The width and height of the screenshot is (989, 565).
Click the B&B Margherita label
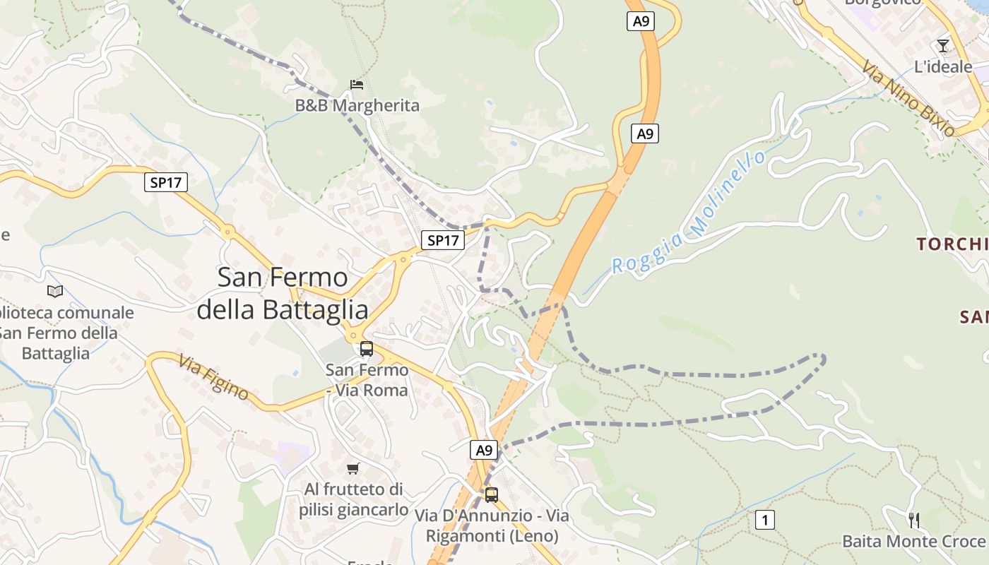[357, 106]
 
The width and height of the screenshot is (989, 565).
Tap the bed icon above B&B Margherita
[357, 85]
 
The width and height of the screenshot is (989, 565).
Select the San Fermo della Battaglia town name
[283, 293]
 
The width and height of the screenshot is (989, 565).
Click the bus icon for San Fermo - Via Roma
[366, 348]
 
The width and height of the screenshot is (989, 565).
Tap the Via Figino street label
[213, 378]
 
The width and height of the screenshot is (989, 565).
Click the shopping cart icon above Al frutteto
[353, 468]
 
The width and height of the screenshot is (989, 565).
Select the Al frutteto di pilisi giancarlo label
[353, 499]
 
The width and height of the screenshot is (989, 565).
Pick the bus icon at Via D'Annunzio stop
[491, 494]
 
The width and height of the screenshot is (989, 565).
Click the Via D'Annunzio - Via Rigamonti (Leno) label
[492, 526]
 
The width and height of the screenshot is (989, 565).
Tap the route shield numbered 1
[764, 520]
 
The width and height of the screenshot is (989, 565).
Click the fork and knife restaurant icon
[914, 521]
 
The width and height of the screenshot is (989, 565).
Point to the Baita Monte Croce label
[913, 542]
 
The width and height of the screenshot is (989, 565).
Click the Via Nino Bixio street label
[908, 97]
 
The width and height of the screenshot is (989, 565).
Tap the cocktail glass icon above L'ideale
[942, 46]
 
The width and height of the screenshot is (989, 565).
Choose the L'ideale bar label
[943, 67]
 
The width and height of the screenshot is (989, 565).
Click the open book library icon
[54, 291]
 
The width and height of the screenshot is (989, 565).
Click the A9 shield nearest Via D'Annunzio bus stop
[483, 450]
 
